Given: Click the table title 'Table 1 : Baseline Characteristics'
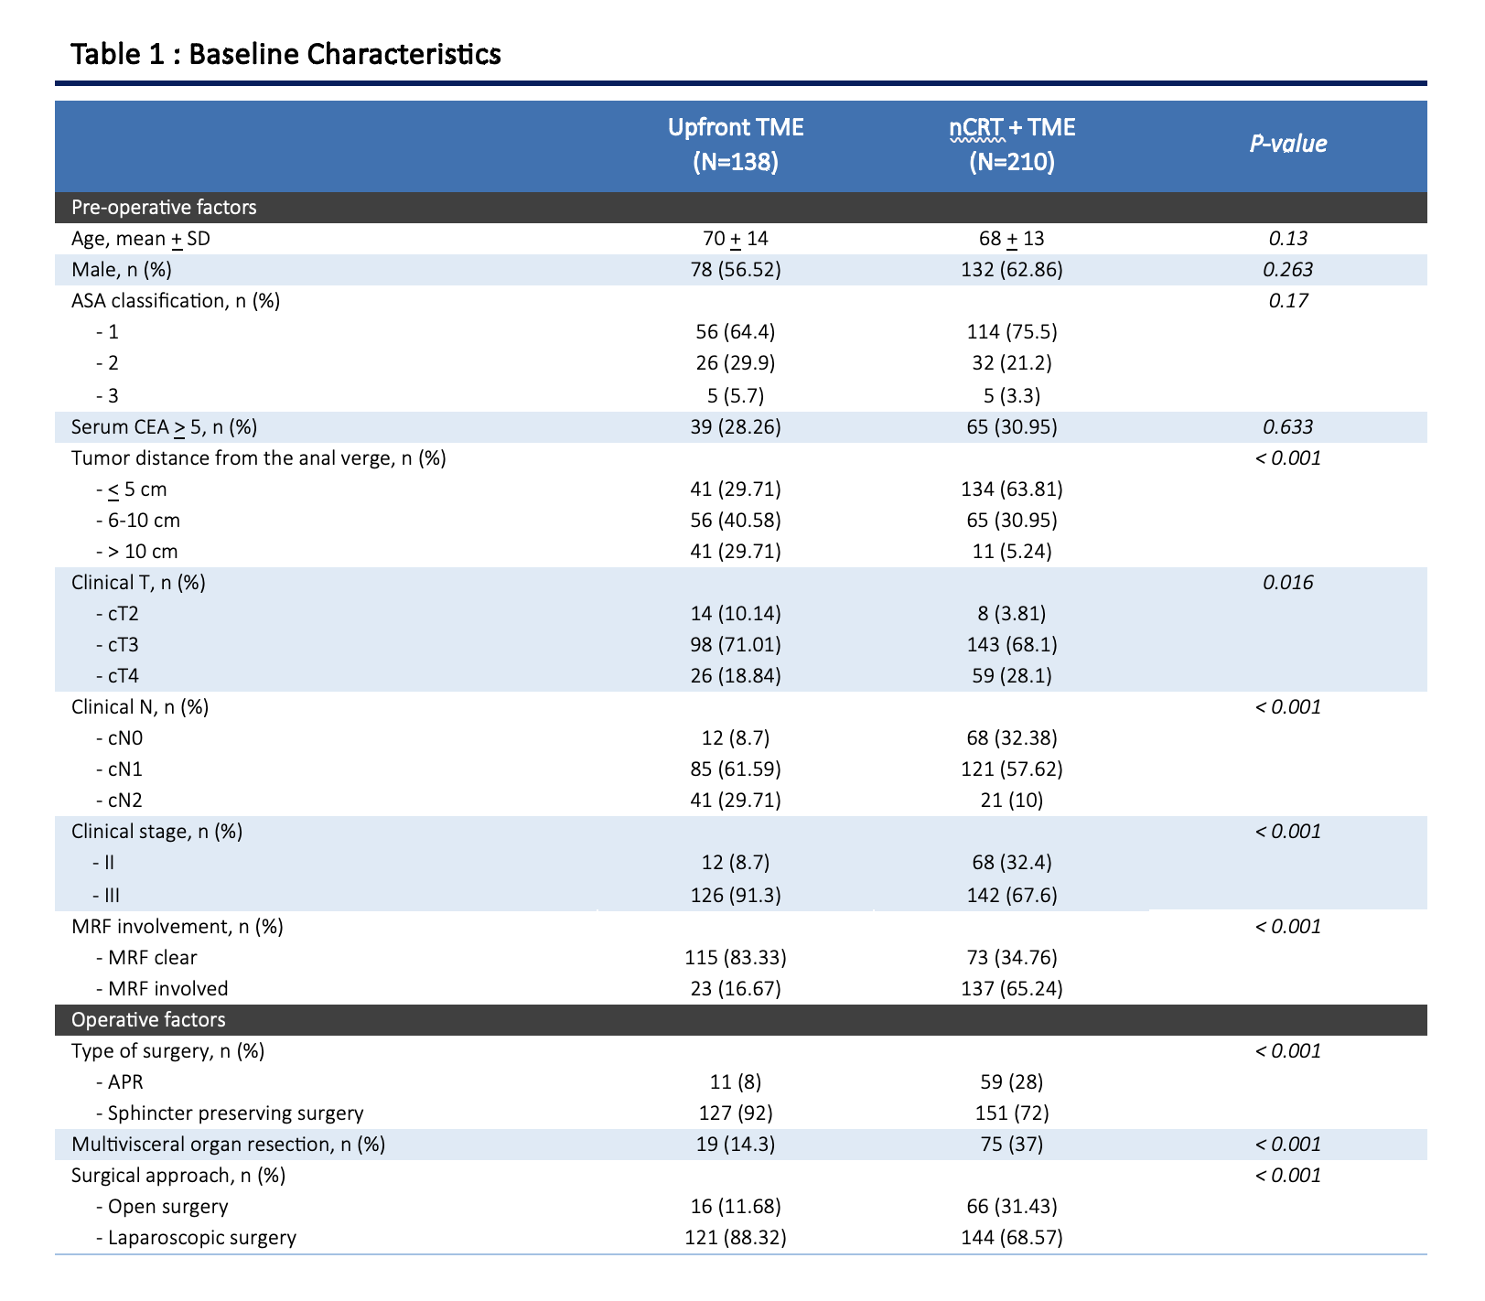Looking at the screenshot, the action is point(285,54).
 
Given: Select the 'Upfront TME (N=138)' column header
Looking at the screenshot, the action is point(736,145).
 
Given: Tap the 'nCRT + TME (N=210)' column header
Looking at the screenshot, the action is point(1012,145).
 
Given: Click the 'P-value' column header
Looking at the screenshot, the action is point(1288,144).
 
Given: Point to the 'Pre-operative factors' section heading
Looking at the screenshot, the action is point(164,208).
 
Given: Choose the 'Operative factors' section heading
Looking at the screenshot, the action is point(148,1020).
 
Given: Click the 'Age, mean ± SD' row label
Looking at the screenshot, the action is point(146,240).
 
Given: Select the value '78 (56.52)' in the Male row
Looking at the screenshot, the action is point(736,270).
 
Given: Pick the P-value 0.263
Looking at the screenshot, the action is point(1288,270).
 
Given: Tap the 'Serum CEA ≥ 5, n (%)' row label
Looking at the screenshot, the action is point(164,427).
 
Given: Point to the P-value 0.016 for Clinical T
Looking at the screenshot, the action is point(1288,583).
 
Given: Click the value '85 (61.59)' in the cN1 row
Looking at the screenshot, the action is point(736,769).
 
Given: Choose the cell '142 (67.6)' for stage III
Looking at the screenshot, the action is point(1012,895).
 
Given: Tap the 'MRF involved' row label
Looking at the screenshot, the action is point(162,989).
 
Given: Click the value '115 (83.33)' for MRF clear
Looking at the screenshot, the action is point(736,958).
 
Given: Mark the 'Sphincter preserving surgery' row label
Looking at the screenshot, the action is point(230,1113).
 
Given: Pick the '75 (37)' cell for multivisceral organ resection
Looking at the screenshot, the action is point(1012,1145).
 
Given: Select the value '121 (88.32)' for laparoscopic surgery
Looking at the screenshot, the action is point(736,1238).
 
